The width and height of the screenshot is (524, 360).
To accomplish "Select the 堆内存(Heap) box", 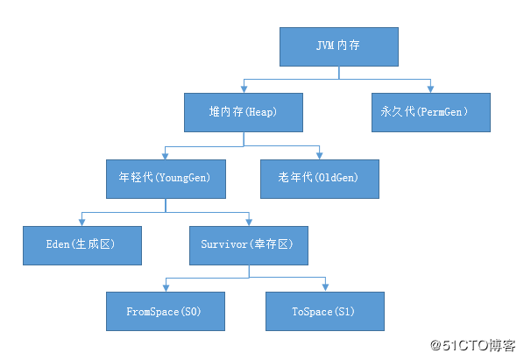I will pyautogui.click(x=243, y=113).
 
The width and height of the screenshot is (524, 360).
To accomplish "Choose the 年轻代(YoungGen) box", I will pyautogui.click(x=166, y=180).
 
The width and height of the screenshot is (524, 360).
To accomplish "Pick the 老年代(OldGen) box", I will pyautogui.click(x=321, y=180).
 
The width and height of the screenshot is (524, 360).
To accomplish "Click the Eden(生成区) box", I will pyautogui.click(x=81, y=246).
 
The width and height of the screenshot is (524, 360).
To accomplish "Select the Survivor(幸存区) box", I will pyautogui.click(x=249, y=246).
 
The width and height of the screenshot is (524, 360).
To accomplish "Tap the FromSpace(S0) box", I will pyautogui.click(x=164, y=311).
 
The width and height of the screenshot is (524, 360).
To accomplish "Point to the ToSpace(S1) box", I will pyautogui.click(x=324, y=311).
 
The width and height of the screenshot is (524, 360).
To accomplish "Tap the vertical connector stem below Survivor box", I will pyautogui.click(x=249, y=272).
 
